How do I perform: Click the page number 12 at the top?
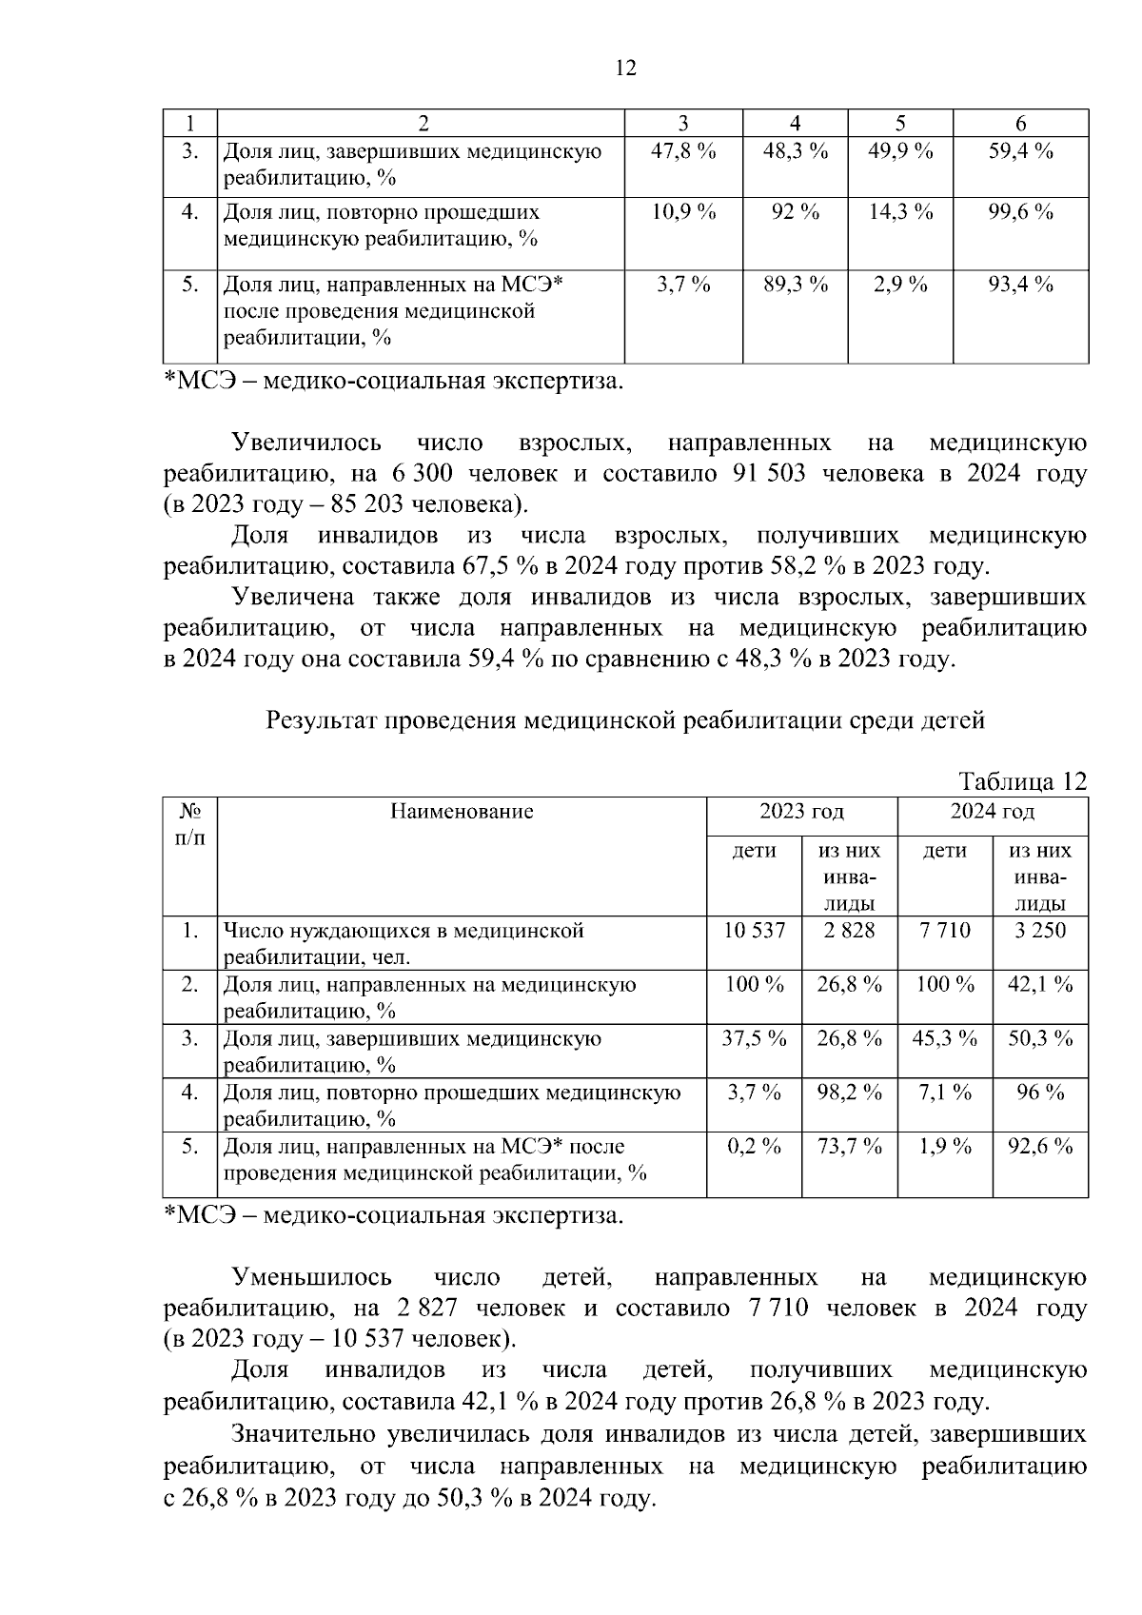pos(625,69)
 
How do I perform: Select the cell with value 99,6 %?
pos(1020,212)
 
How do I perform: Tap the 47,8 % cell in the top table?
pos(682,151)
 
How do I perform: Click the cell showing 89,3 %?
pos(795,285)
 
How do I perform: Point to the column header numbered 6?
pos(1020,123)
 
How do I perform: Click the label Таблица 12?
pos(1022,781)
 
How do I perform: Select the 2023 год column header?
pos(801,812)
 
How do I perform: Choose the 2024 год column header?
pos(992,812)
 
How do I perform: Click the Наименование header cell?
pos(462,812)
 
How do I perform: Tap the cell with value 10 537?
pos(754,931)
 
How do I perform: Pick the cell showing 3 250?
pos(1039,931)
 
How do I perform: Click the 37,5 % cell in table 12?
pos(754,1038)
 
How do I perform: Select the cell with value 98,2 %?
pos(849,1093)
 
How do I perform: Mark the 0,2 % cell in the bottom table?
pos(754,1147)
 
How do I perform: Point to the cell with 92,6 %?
pos(1039,1147)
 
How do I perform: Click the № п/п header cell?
pos(190,824)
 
